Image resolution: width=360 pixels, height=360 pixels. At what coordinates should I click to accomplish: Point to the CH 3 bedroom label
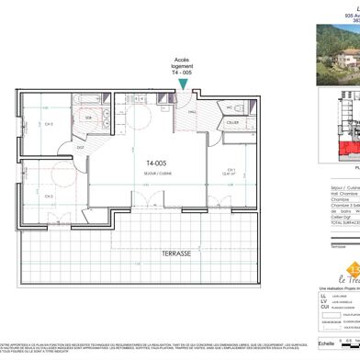46,124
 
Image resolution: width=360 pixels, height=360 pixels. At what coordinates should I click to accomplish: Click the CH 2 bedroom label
47,196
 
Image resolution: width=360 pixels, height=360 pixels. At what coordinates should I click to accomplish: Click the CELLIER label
260,122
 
